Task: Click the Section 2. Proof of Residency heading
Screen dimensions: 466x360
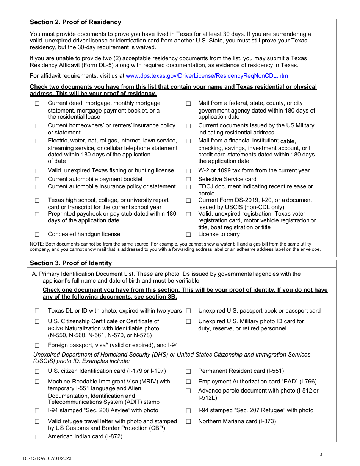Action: pyautogui.click(x=75, y=22)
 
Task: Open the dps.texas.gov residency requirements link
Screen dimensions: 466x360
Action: pyautogui.click(x=207, y=76)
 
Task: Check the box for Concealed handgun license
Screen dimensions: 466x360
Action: pyautogui.click(x=37, y=235)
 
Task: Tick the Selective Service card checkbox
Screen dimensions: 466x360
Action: pyautogui.click(x=188, y=180)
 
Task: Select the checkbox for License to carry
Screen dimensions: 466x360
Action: pyautogui.click(x=188, y=235)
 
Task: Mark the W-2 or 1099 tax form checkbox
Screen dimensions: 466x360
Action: pyautogui.click(x=188, y=171)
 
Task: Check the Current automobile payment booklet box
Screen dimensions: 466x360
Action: pyautogui.click(x=37, y=180)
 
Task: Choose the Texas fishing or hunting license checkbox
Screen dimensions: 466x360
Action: pyautogui.click(x=37, y=171)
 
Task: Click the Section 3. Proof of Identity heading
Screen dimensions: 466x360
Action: pyautogui.click(x=71, y=263)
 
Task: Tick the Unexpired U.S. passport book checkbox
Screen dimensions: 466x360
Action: pyautogui.click(x=188, y=311)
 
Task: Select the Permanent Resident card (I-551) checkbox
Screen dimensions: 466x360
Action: pyautogui.click(x=188, y=371)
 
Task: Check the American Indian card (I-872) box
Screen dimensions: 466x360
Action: pyautogui.click(x=37, y=437)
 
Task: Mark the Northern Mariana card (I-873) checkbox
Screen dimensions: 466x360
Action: pyautogui.click(x=188, y=421)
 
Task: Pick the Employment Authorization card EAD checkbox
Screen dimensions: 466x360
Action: pyautogui.click(x=188, y=382)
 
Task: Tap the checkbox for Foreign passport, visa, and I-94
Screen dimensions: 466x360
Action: pyautogui.click(x=37, y=346)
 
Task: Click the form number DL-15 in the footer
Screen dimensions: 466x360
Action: pyautogui.click(x=30, y=458)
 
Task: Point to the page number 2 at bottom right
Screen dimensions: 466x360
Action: pyautogui.click(x=321, y=455)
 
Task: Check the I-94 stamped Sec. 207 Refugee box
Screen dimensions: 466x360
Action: pyautogui.click(x=188, y=411)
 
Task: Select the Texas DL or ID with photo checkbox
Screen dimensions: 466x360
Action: pyautogui.click(x=37, y=311)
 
